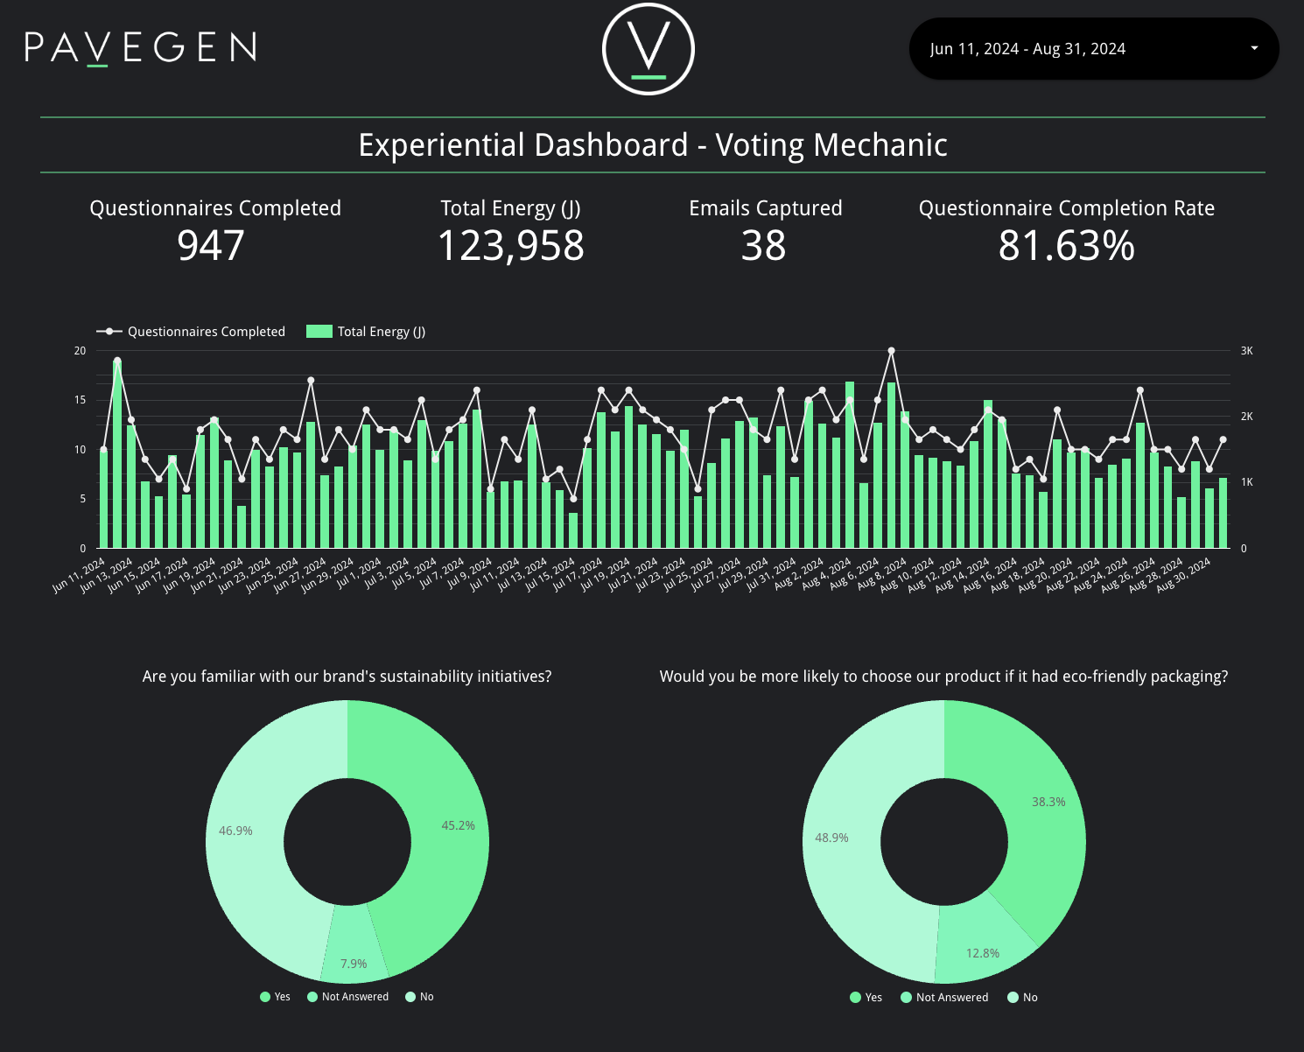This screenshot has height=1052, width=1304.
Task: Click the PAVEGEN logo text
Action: tap(141, 48)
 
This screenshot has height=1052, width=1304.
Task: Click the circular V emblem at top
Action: tap(648, 49)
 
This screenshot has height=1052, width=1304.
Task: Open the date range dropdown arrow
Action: tap(1254, 48)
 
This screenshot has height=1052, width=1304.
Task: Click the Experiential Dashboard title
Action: tap(653, 145)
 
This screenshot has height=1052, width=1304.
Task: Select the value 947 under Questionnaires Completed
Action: tap(211, 246)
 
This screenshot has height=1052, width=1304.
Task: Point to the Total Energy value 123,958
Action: tap(510, 246)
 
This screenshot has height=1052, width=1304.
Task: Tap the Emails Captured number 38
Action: tap(764, 246)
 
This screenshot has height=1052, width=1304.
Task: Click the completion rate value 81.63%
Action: tap(1066, 246)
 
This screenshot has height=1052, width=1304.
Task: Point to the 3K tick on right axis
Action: tap(1246, 351)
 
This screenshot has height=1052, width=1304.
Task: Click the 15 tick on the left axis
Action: tap(81, 400)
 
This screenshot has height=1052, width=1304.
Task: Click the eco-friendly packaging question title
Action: tap(943, 677)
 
